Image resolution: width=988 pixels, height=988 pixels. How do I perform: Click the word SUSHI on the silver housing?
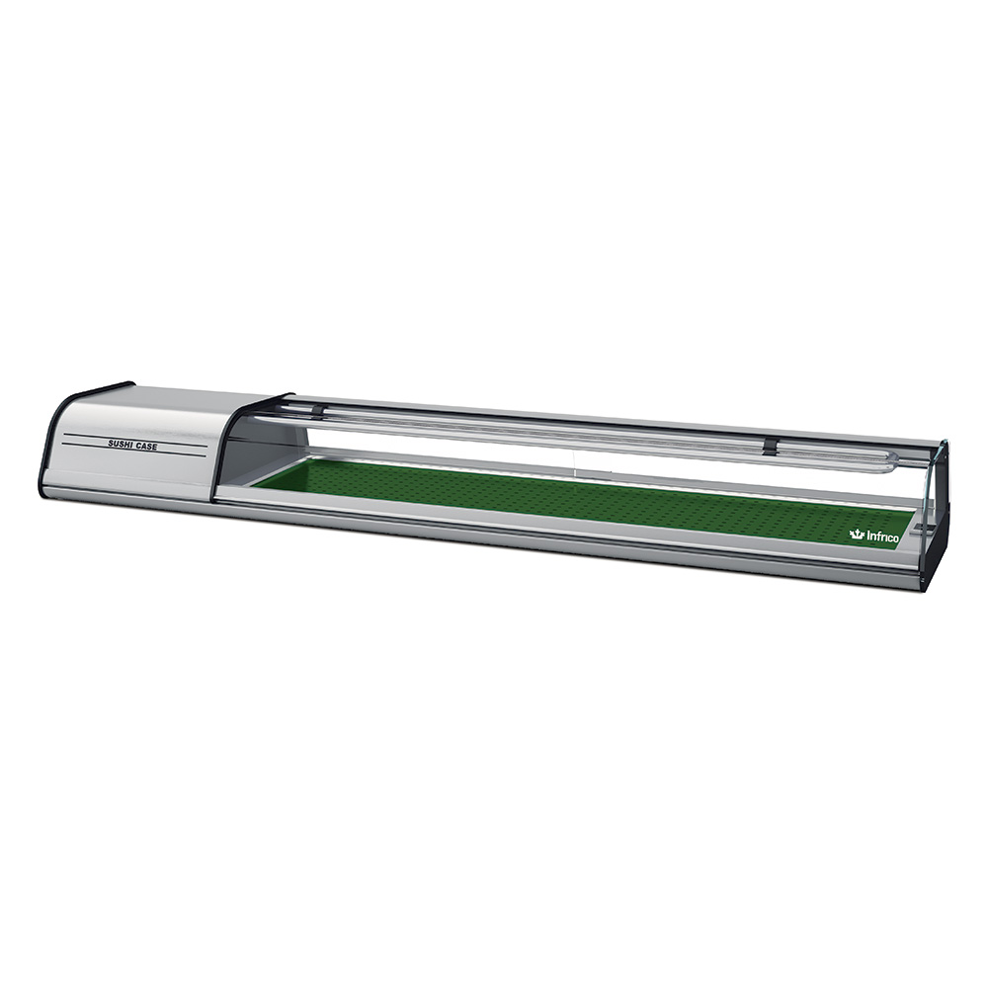tap(121, 445)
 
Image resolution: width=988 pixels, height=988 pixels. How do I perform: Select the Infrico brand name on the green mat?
tap(882, 536)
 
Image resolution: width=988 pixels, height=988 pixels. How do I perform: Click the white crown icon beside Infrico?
tap(857, 535)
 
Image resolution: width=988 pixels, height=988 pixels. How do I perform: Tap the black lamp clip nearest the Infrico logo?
tap(770, 445)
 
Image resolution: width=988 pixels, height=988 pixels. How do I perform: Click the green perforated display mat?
tap(580, 498)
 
